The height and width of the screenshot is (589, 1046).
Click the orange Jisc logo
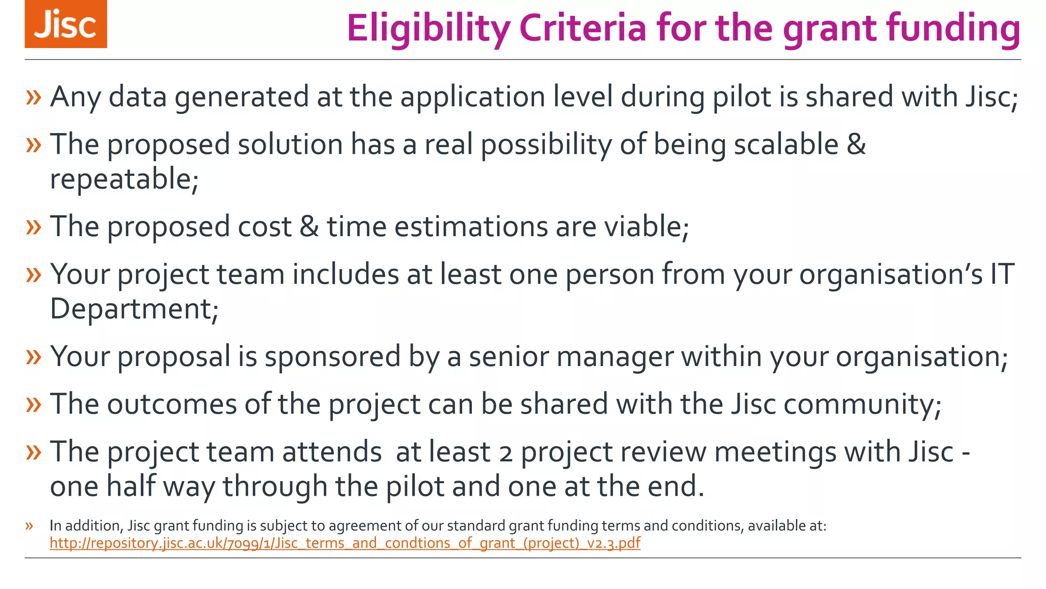pos(66,24)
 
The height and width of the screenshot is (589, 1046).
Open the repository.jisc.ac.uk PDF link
pos(345,543)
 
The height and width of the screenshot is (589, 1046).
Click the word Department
pos(134,309)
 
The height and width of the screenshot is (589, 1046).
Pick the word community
pos(862,404)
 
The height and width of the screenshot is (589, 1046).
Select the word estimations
pos(470,226)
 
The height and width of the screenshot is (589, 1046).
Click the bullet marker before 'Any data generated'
pos(33,97)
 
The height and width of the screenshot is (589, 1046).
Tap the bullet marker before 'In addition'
pos(29,526)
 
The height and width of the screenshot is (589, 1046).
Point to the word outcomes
pos(172,404)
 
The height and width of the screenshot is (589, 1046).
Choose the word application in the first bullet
pos(472,97)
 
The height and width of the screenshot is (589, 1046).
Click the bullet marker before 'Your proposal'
pos(33,356)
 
